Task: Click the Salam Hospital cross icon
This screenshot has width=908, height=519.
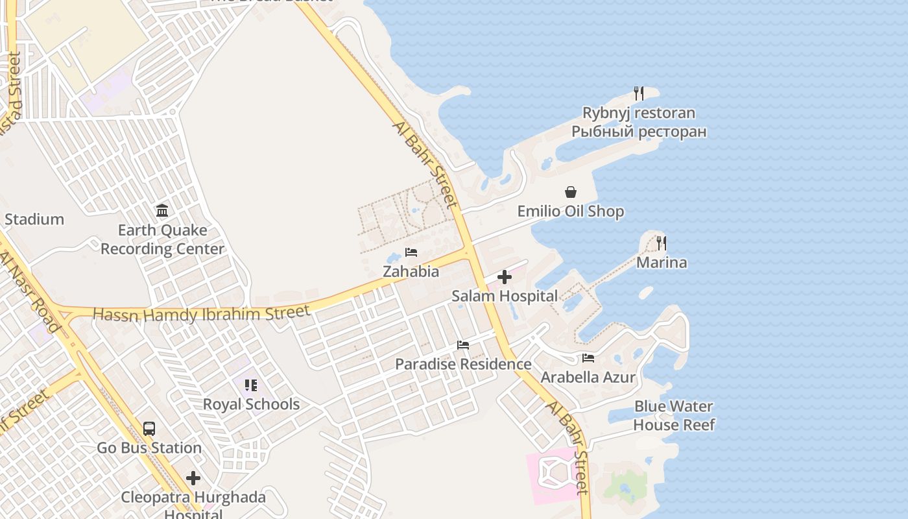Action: (504, 278)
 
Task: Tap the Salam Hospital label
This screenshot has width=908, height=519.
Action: (505, 296)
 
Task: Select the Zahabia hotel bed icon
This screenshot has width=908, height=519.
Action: (411, 252)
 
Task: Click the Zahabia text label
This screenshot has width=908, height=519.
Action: (411, 271)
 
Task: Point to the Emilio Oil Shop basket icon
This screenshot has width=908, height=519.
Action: (571, 192)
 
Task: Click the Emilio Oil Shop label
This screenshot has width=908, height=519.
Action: (571, 211)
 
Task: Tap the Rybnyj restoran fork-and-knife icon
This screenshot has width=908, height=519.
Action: (639, 93)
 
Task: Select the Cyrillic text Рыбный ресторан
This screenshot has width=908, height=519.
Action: (639, 132)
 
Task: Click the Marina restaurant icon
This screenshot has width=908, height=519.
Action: (661, 243)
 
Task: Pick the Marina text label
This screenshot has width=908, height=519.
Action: (662, 262)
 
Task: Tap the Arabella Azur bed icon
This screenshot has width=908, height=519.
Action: (588, 357)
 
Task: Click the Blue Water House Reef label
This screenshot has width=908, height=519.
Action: (674, 416)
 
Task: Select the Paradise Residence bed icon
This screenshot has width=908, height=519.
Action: (463, 345)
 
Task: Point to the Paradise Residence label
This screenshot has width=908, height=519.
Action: (463, 364)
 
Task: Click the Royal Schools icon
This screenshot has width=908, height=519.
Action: (251, 385)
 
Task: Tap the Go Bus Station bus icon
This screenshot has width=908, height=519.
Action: (149, 429)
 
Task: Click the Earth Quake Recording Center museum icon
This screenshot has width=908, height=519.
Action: (162, 211)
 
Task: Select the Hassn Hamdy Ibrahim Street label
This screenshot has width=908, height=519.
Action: (202, 314)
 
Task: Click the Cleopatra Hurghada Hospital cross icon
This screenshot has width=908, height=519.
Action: (193, 479)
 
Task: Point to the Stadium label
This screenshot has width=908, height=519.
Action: (34, 219)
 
